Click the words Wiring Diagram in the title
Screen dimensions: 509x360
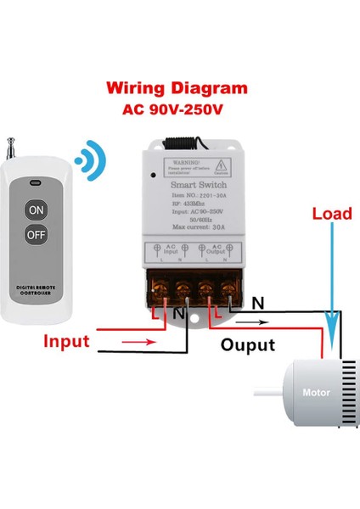pos(177,87)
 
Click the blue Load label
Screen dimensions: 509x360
pos(331,214)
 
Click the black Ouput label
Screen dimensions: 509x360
pos(248,345)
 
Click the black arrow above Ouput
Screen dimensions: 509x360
pos(255,323)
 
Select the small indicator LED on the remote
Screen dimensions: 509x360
pos(35,182)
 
